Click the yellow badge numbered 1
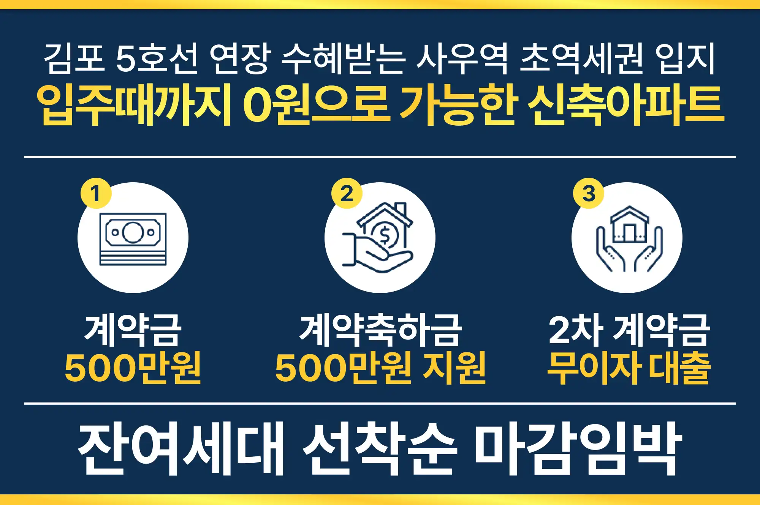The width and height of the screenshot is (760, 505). (x=95, y=193)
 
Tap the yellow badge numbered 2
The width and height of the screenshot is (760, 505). (x=347, y=193)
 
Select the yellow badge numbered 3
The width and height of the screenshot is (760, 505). (x=588, y=193)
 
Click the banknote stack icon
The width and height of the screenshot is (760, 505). (x=133, y=239)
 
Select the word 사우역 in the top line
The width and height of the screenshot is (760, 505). (x=462, y=58)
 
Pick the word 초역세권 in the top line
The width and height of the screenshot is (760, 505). (x=581, y=58)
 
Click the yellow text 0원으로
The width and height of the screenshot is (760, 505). (x=316, y=104)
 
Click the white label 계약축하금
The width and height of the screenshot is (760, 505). (x=380, y=330)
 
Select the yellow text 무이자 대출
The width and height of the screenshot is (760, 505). (x=629, y=368)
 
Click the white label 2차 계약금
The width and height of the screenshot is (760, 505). (x=629, y=330)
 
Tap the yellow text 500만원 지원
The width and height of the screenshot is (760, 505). (x=380, y=368)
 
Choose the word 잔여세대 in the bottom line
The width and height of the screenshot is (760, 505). (x=181, y=448)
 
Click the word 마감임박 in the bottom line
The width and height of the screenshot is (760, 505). (x=578, y=448)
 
